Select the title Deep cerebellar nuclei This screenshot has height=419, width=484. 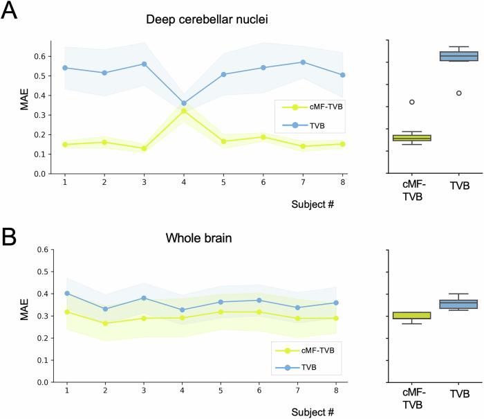(206, 19)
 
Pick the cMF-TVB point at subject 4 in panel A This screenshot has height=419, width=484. (183, 111)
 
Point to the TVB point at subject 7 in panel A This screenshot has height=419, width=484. (303, 62)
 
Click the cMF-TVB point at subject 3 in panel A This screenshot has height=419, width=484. (144, 148)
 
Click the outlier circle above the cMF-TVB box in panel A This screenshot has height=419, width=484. (412, 102)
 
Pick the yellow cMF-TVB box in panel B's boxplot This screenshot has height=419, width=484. (412, 316)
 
